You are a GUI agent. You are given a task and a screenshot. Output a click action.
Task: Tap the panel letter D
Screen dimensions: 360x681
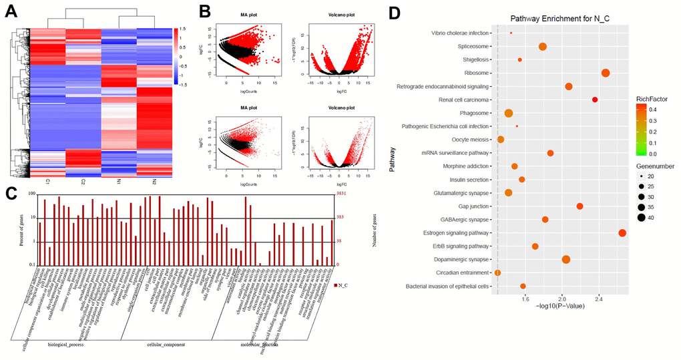pos(395,13)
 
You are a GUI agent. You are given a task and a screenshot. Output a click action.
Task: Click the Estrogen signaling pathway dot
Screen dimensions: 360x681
pos(622,232)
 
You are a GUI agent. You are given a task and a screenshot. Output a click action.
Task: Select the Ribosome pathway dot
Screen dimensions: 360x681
pos(606,73)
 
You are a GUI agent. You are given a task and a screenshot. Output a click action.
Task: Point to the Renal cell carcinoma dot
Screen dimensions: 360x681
pos(595,100)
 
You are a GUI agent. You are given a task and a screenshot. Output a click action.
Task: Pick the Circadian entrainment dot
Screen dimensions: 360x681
pos(497,273)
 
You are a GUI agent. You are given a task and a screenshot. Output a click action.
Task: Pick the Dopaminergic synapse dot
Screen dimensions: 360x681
pos(566,259)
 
